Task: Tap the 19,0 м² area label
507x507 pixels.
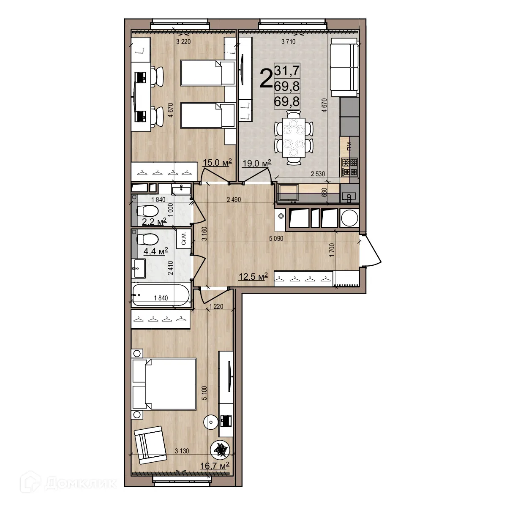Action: pos(256,164)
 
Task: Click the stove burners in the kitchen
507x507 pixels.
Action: pos(349,166)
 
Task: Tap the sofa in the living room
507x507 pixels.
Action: pos(344,67)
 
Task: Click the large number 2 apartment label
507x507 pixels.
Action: pos(266,79)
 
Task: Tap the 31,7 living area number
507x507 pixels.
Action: pos(287,70)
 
